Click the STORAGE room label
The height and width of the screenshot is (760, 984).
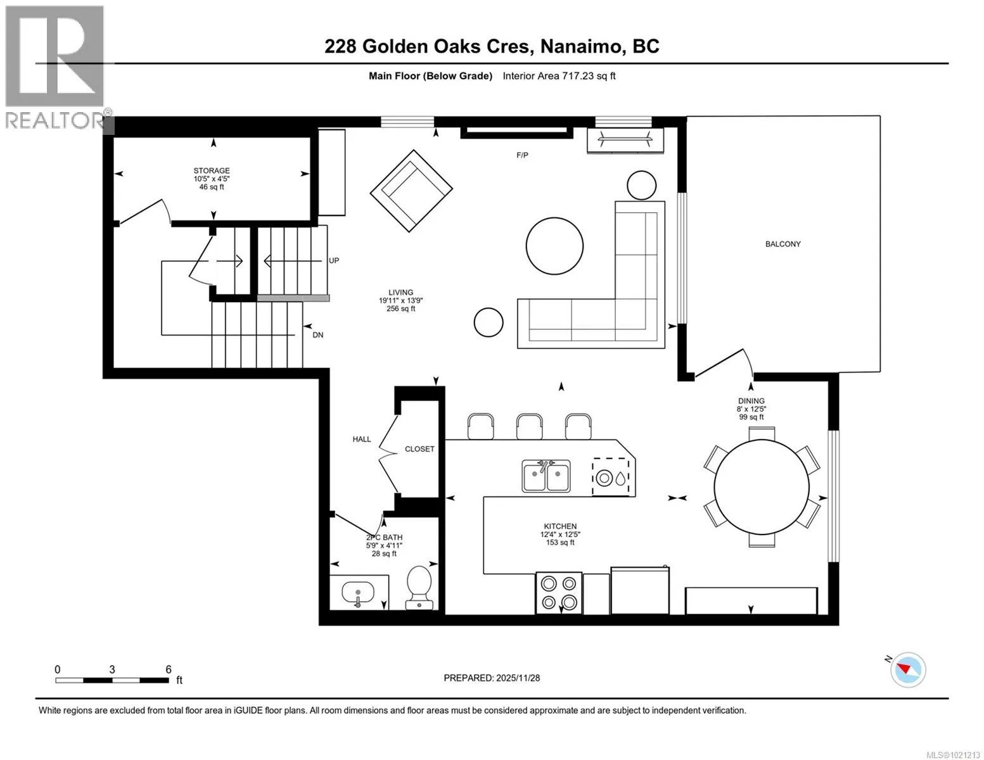[212, 170]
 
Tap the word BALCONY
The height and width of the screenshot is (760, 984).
[783, 244]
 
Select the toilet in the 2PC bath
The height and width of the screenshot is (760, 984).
[419, 588]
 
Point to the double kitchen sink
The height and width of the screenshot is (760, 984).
[546, 476]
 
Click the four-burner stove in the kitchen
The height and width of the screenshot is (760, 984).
[559, 593]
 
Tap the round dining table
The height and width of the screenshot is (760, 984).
[761, 487]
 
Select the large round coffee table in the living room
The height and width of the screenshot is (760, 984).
[554, 246]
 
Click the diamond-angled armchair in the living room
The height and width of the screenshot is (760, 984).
[411, 191]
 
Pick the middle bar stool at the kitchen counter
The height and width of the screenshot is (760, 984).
[529, 426]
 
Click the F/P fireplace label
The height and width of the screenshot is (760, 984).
[522, 155]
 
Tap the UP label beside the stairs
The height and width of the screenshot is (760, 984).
[334, 261]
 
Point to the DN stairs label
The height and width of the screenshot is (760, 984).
[318, 335]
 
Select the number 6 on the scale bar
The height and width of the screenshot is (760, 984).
[169, 669]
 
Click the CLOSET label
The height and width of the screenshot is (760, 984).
[419, 449]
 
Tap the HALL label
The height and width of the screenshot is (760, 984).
[361, 439]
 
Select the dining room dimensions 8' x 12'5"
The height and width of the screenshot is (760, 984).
[751, 408]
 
